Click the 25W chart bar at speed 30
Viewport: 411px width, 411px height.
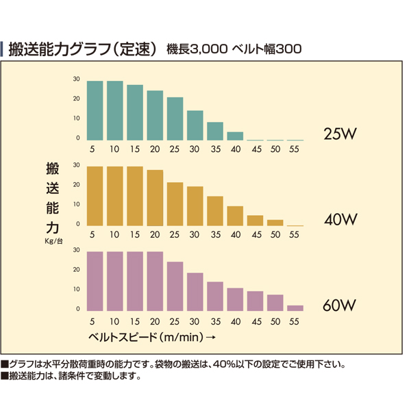tap(195, 125)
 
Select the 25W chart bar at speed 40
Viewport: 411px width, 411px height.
tap(235, 136)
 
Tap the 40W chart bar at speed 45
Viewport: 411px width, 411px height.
tap(255, 221)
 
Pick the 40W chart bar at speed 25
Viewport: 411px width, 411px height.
tap(175, 204)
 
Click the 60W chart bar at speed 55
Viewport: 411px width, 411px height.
tap(295, 308)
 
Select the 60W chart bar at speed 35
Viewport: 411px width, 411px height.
tap(215, 297)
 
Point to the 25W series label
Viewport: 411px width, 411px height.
tap(340, 134)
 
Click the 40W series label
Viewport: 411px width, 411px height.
tap(340, 219)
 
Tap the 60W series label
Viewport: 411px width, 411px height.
tap(340, 305)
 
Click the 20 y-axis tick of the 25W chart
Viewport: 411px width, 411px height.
tap(76, 99)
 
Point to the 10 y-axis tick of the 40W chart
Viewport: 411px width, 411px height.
tap(76, 204)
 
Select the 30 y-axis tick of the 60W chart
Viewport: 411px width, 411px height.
tap(76, 250)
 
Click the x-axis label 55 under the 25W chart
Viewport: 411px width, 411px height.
tap(294, 149)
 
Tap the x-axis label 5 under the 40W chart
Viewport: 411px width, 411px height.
tap(92, 234)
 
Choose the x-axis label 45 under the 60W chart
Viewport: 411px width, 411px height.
tap(257, 322)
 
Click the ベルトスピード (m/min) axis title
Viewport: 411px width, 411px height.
tap(146, 337)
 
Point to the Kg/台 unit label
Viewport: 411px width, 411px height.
tap(53, 241)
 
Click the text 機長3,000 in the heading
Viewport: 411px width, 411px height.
tap(197, 49)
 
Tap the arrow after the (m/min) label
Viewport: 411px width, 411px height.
tap(210, 337)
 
